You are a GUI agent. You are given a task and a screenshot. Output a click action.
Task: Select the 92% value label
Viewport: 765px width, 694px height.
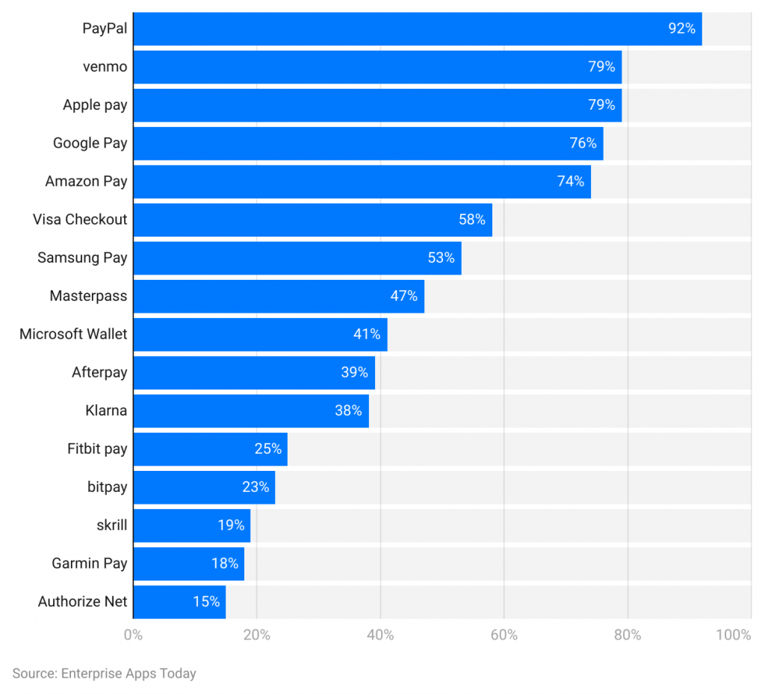681,29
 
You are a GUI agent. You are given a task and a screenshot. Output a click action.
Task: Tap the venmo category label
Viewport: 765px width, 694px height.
105,67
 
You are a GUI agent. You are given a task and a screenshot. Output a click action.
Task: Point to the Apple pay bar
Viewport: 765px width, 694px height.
377,105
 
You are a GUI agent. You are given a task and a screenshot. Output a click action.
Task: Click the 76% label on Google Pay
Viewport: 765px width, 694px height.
583,143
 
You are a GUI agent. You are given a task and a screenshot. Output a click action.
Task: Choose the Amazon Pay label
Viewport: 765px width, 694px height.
86,181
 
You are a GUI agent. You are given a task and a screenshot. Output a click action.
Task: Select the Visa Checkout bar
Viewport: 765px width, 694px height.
312,219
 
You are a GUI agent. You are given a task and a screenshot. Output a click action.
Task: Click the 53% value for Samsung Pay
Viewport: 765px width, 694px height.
441,258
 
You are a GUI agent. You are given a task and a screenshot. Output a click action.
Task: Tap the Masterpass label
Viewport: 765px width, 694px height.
88,296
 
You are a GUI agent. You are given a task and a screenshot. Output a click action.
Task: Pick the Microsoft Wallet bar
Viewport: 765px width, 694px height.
260,334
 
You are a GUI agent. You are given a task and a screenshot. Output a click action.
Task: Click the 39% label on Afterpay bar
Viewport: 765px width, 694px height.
354,372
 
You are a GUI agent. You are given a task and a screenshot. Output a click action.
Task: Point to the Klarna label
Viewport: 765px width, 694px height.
106,410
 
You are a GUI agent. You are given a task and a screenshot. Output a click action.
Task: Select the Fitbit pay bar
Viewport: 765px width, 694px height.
210,448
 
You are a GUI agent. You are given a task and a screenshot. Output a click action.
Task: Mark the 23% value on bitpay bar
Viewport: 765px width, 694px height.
255,487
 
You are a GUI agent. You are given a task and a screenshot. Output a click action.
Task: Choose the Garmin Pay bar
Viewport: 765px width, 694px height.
188,563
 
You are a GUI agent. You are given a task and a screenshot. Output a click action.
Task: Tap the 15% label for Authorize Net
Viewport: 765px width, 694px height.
206,601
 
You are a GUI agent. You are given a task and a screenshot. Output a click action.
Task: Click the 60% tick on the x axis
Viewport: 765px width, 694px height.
504,635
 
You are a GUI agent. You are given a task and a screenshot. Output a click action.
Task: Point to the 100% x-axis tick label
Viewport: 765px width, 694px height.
733,635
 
